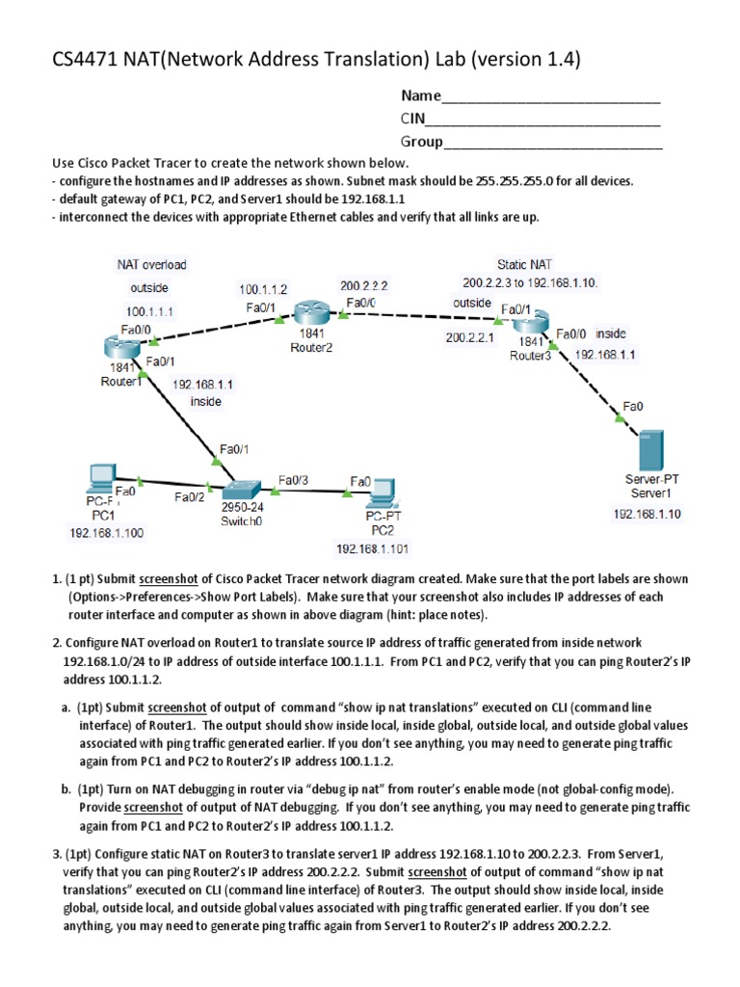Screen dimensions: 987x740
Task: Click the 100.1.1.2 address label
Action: (x=263, y=288)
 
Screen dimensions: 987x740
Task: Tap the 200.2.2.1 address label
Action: (x=468, y=338)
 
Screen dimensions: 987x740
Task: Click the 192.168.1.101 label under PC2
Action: (x=372, y=548)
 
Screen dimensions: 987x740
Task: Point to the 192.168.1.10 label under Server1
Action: (x=647, y=514)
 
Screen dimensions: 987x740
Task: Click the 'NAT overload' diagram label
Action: (x=151, y=263)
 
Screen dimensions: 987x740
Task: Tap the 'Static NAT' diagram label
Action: (x=525, y=263)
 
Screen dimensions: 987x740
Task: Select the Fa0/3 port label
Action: (x=294, y=479)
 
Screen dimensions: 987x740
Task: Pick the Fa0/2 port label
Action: (x=189, y=497)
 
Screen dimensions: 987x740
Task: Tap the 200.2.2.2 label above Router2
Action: (x=363, y=285)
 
